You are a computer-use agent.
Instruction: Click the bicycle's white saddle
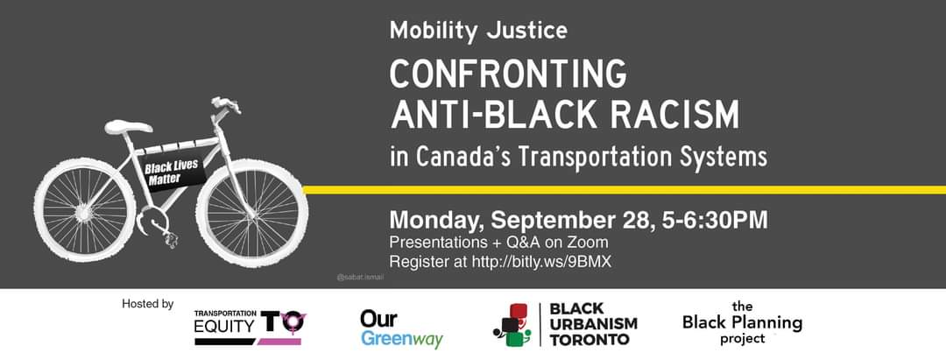(x=128, y=127)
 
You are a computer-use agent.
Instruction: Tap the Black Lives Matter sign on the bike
(x=173, y=172)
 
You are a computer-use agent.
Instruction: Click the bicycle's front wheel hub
(x=252, y=212)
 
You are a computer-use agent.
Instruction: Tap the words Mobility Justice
(x=478, y=30)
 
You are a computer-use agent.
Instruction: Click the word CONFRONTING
(x=508, y=74)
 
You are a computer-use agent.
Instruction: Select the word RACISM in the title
(x=674, y=114)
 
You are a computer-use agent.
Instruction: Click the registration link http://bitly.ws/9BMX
(x=540, y=263)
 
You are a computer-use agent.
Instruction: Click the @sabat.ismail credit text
(x=360, y=278)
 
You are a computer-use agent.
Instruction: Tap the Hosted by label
(x=148, y=304)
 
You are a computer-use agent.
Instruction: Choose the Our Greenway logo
(x=401, y=329)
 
